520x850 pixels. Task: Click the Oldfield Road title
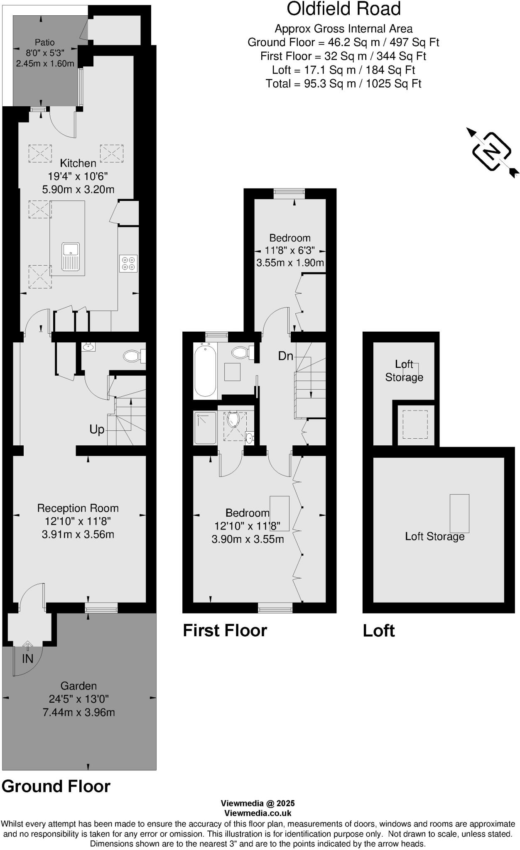click(x=343, y=9)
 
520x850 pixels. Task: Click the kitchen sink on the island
click(x=71, y=256)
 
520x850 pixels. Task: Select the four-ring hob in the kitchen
click(x=128, y=263)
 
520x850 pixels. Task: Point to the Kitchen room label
click(x=78, y=163)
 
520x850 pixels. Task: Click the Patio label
click(x=44, y=42)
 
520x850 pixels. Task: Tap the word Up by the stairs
click(x=97, y=429)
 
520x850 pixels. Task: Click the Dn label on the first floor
click(x=285, y=356)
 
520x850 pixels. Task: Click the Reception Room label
click(x=78, y=508)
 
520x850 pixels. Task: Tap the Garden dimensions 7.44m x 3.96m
click(x=79, y=712)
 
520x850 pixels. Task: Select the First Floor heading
click(x=225, y=630)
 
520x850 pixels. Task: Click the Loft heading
click(x=378, y=630)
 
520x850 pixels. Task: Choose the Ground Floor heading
click(x=56, y=786)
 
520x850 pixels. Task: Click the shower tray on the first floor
click(x=205, y=428)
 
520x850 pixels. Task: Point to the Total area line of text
click(x=343, y=84)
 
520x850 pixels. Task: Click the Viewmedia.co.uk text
click(x=258, y=813)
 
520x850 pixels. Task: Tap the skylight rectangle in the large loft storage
click(x=459, y=513)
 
